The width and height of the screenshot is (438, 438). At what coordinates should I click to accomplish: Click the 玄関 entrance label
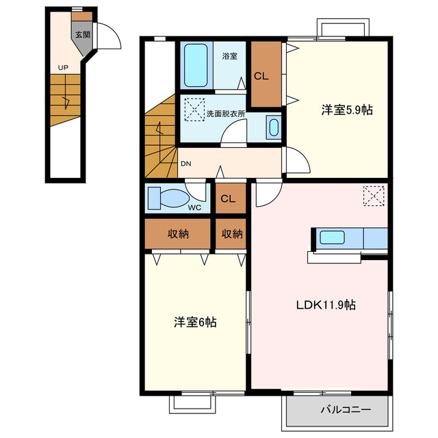83,35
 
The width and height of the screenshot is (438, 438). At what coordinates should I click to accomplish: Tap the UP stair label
63,67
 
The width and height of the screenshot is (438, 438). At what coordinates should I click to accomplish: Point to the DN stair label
185,164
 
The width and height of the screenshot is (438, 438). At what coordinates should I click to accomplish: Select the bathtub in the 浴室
196,65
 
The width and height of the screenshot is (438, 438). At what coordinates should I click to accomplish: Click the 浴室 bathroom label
230,56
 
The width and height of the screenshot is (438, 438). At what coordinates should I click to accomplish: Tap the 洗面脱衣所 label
226,114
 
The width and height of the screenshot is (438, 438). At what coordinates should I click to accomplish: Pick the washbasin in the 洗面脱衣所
274,127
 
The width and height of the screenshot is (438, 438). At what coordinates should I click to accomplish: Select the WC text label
194,207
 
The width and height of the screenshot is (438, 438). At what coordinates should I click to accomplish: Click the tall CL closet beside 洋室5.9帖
266,74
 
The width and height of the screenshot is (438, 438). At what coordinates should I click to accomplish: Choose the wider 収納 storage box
177,233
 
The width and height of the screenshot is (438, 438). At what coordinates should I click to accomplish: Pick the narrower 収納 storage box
231,233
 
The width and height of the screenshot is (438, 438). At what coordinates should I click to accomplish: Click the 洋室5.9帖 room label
347,109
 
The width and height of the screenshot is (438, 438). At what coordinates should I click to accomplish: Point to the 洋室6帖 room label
195,322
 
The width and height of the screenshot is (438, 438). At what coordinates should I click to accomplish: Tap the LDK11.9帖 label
326,305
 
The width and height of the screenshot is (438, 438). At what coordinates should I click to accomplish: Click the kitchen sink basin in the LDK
332,237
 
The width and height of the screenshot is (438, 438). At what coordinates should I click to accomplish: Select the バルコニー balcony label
346,410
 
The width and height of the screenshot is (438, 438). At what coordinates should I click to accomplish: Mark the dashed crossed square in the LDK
374,196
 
